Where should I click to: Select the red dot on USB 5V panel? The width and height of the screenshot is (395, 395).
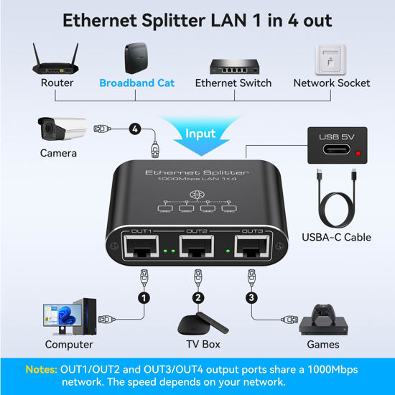click(x=357, y=152)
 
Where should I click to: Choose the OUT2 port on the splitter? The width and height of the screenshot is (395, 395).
click(x=196, y=249)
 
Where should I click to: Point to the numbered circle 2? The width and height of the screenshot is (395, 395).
click(x=198, y=297)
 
